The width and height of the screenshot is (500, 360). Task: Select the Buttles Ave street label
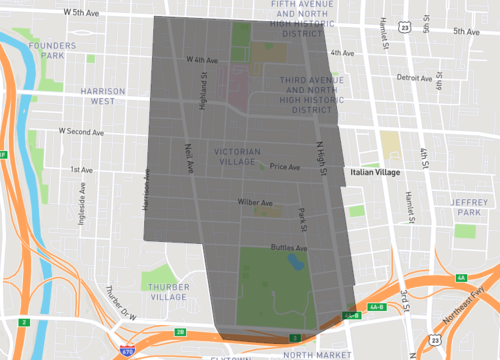click(289, 247)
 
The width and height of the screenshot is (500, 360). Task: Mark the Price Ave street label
click(285, 167)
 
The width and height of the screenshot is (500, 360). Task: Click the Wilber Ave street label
click(255, 202)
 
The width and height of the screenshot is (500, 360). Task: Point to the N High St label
click(323, 159)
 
